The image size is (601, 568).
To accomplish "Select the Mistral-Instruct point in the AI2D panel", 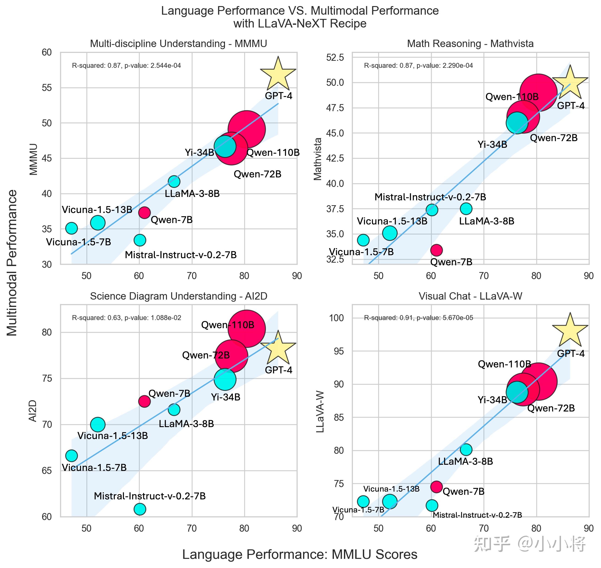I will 139,509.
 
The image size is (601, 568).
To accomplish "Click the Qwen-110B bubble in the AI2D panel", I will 246,329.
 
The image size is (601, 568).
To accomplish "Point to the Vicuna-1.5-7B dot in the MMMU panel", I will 71,228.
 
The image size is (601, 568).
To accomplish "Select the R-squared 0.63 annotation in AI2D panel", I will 126,318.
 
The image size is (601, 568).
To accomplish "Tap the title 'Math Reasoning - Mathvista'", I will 470,44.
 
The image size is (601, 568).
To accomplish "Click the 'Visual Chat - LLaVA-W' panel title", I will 470,296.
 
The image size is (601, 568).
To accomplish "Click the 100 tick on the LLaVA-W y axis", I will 336,318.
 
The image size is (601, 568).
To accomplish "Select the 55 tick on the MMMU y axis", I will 47,88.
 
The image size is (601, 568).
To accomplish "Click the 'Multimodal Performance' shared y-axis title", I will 12,263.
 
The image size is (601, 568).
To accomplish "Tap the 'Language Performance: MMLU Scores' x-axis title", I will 299,554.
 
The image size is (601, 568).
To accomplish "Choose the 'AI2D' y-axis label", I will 33,411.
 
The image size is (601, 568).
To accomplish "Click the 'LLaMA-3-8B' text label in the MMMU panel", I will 192,193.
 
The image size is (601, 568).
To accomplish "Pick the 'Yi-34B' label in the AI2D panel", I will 226,397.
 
